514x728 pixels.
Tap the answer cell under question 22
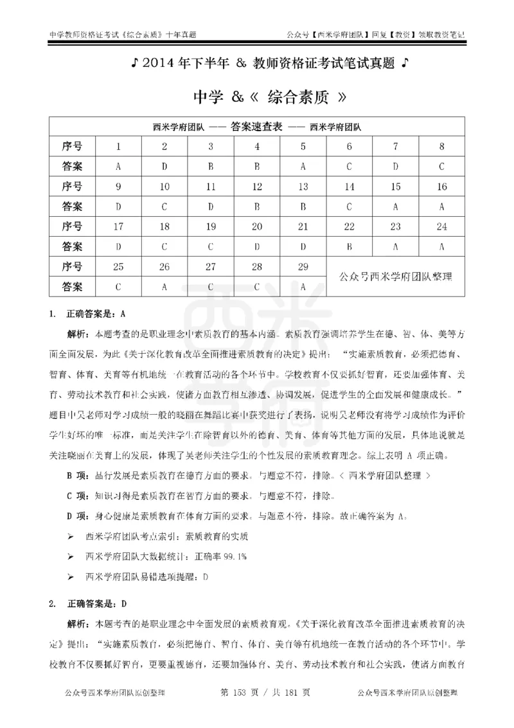tap(349, 246)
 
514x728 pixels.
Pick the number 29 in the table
tap(303, 266)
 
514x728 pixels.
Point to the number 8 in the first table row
tap(442, 147)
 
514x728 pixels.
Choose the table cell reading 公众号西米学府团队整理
tap(395, 277)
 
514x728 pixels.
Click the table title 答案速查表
tap(256, 127)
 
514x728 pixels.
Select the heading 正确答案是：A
tap(95, 314)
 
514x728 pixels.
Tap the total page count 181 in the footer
tap(286, 693)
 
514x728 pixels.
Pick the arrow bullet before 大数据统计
tap(71, 555)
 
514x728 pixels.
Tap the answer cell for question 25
tap(118, 286)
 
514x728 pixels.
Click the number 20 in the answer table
tap(257, 226)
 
